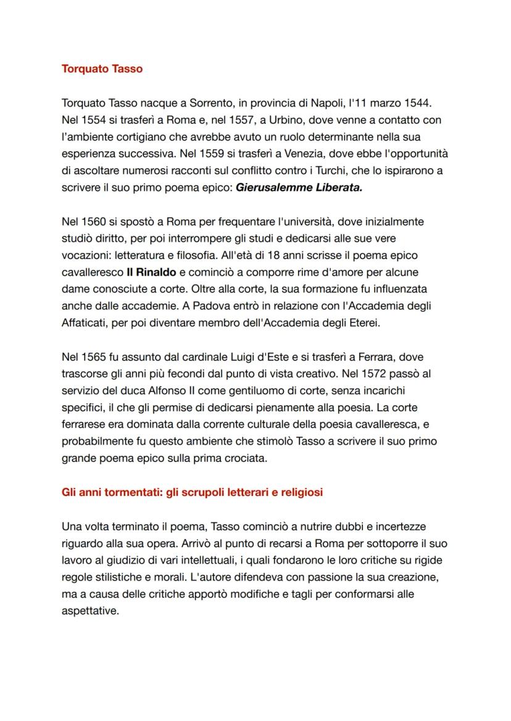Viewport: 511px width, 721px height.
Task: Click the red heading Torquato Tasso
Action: pyautogui.click(x=102, y=69)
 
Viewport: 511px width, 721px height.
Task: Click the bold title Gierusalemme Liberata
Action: pyautogui.click(x=299, y=187)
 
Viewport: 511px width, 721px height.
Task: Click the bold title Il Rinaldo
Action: pyautogui.click(x=151, y=271)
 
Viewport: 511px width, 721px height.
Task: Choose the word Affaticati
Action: pyautogui.click(x=85, y=322)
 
